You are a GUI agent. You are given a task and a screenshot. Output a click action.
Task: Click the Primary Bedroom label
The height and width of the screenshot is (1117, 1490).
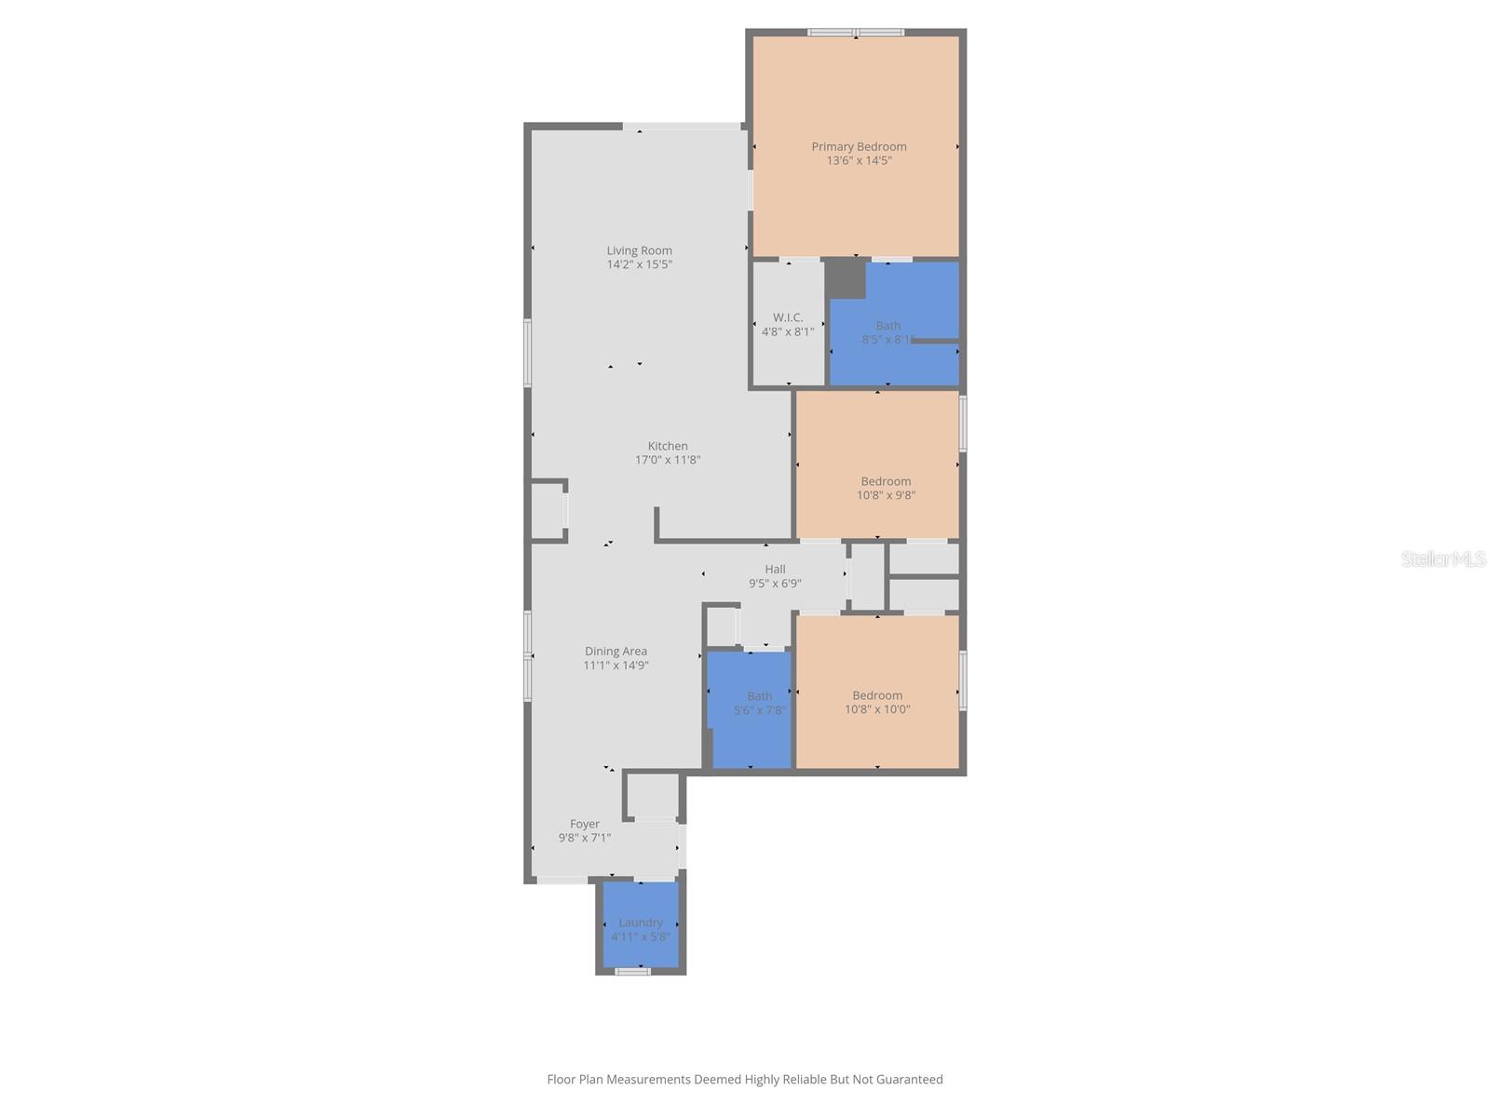tap(859, 146)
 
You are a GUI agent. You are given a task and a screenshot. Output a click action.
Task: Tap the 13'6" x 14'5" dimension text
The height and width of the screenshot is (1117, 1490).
tap(859, 161)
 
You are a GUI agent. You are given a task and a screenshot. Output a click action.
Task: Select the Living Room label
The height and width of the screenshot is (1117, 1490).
tap(639, 250)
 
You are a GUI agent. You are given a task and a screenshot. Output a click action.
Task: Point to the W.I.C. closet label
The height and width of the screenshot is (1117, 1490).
tap(788, 317)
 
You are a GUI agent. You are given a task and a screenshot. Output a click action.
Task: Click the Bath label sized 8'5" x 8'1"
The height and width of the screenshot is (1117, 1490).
tap(887, 326)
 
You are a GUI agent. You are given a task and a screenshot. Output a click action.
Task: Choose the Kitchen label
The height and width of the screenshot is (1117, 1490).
tap(668, 446)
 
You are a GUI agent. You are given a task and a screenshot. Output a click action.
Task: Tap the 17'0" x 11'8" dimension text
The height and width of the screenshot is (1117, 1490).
tap(668, 460)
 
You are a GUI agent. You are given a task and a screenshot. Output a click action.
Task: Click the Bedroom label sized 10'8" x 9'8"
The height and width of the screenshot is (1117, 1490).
tap(886, 481)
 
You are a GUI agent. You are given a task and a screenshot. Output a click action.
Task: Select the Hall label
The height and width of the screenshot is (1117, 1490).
tap(775, 570)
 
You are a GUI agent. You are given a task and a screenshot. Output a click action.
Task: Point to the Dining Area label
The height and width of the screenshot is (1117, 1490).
tap(616, 652)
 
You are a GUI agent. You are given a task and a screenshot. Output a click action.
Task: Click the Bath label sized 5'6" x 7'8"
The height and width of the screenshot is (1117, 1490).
tap(759, 696)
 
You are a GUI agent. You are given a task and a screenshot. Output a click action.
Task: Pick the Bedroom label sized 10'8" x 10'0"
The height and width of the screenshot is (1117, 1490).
tap(877, 695)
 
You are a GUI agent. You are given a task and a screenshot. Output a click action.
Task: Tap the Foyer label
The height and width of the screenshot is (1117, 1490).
tap(585, 824)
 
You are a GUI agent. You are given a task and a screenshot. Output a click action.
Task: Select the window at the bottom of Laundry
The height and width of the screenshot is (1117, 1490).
tap(632, 972)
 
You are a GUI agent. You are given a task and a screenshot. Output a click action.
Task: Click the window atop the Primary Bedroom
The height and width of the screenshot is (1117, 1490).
tap(855, 33)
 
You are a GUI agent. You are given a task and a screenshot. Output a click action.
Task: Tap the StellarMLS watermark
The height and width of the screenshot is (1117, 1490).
tap(1443, 558)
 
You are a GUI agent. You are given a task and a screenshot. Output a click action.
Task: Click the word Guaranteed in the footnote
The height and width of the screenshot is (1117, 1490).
tap(905, 1080)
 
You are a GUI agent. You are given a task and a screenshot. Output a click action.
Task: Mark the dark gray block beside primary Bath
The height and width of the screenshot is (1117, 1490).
tap(846, 277)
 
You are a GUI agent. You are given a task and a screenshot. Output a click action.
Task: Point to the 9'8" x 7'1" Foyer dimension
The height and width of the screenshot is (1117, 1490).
tap(585, 838)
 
